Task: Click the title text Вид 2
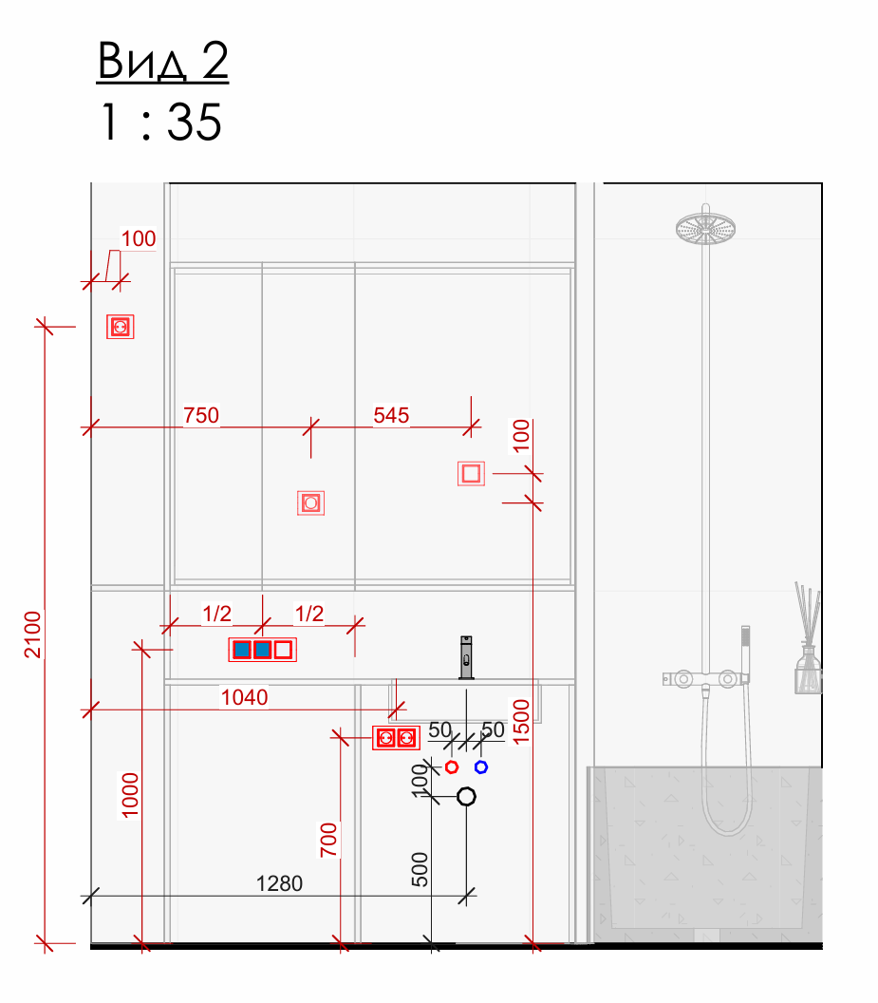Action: point(162,62)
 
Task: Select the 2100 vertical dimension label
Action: point(32,634)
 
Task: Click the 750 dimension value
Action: point(201,415)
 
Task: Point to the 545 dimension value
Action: point(391,415)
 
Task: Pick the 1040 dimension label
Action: point(244,697)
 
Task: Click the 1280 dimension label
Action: point(279,883)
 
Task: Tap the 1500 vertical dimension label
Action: point(522,722)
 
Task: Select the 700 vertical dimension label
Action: point(328,840)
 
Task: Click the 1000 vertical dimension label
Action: point(130,795)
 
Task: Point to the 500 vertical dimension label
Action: point(420,869)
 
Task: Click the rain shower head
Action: point(705,228)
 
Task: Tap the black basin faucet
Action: point(466,657)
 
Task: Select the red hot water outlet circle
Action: point(452,766)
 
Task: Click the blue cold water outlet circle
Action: point(481,766)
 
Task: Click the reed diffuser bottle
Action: point(809,669)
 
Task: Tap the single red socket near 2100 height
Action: point(121,327)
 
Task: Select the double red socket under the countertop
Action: point(396,738)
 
